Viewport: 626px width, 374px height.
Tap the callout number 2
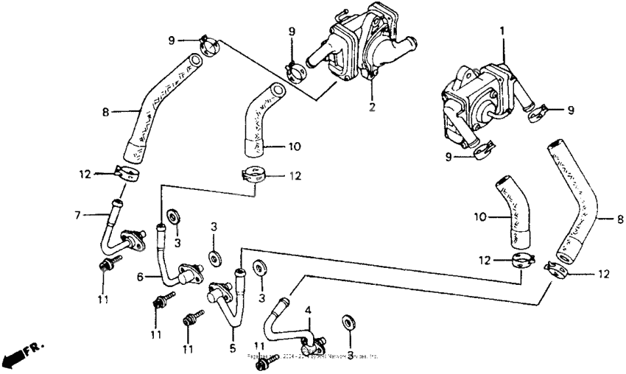[373, 107]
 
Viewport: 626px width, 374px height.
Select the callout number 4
[309, 311]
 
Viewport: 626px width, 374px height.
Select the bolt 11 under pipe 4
[270, 359]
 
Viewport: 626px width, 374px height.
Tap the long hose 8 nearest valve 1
[578, 206]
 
